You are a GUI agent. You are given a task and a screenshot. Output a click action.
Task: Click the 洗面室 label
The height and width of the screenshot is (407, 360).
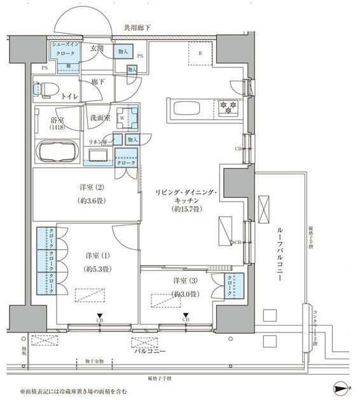[100, 118]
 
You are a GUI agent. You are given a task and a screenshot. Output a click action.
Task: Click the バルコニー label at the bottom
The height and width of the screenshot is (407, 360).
[149, 350]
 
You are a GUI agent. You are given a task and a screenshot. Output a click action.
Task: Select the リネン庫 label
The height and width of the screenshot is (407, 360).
[100, 139]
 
